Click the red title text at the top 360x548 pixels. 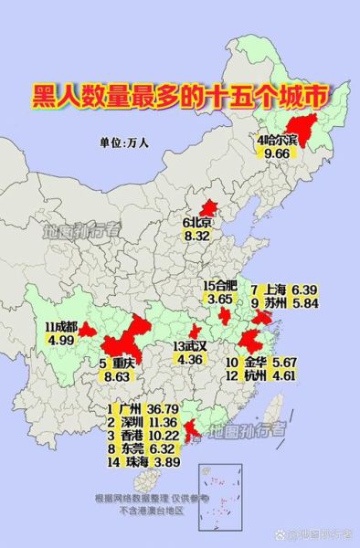(x=179, y=95)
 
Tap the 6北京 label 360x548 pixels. (x=197, y=222)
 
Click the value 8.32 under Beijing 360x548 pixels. (x=197, y=236)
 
